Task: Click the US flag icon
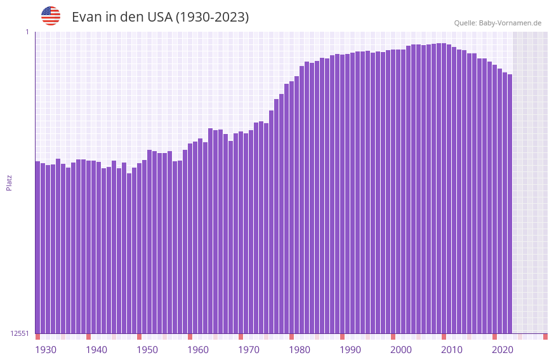pyautogui.click(x=51, y=16)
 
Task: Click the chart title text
pyautogui.click(x=160, y=17)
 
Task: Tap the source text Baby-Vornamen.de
pyautogui.click(x=498, y=23)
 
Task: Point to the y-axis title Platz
pyautogui.click(x=9, y=182)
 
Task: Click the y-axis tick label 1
pyautogui.click(x=27, y=32)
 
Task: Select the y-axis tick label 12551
pyautogui.click(x=20, y=333)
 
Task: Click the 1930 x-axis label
pyautogui.click(x=46, y=350)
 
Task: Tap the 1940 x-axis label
pyautogui.click(x=96, y=350)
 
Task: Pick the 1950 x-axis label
pyautogui.click(x=147, y=350)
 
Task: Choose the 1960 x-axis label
pyautogui.click(x=198, y=350)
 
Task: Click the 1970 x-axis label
pyautogui.click(x=249, y=350)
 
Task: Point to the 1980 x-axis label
pyautogui.click(x=300, y=350)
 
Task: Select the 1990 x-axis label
pyautogui.click(x=350, y=350)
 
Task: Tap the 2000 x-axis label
pyautogui.click(x=401, y=350)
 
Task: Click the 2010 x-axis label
pyautogui.click(x=452, y=350)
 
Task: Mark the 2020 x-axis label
pyautogui.click(x=503, y=350)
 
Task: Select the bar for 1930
pyautogui.click(x=38, y=248)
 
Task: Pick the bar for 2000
pyautogui.click(x=393, y=190)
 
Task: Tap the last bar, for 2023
pyautogui.click(x=510, y=203)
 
